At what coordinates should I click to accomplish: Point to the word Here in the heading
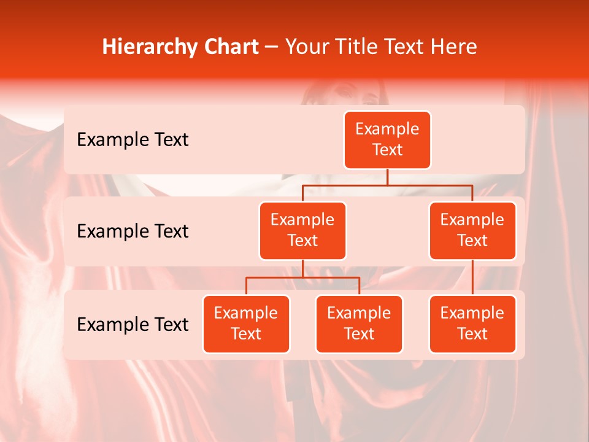tap(455, 47)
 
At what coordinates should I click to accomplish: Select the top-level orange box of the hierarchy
tap(387, 140)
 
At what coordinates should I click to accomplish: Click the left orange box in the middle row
tap(302, 230)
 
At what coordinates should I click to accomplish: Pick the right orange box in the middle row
tap(472, 230)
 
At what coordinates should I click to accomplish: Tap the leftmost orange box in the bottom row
tap(246, 324)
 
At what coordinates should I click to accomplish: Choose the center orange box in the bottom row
tap(359, 324)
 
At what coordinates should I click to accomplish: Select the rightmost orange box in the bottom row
tap(472, 324)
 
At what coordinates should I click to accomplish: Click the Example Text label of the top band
tap(133, 140)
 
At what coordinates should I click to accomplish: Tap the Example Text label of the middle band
tap(133, 231)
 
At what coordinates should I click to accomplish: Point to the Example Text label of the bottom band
tap(133, 324)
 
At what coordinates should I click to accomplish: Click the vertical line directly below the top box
tap(387, 177)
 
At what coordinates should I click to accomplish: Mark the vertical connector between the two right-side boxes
tap(472, 277)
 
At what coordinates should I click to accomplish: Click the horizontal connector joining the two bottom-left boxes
tap(302, 277)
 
